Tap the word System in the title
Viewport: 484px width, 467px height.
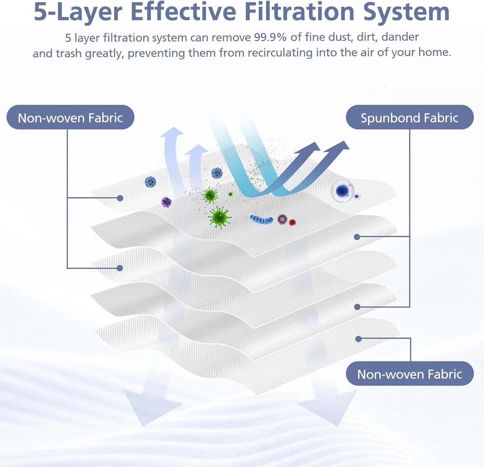click(406, 12)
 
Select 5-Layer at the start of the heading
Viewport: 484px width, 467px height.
click(78, 12)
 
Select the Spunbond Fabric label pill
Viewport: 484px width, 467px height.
click(409, 117)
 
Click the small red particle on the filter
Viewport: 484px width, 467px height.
click(292, 222)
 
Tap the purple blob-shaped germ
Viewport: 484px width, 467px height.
click(166, 202)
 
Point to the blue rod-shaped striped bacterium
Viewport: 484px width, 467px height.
click(261, 219)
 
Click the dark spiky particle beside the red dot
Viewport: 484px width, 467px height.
click(282, 219)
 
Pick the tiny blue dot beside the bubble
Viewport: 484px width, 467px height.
click(357, 196)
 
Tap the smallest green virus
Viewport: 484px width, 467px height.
click(230, 194)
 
